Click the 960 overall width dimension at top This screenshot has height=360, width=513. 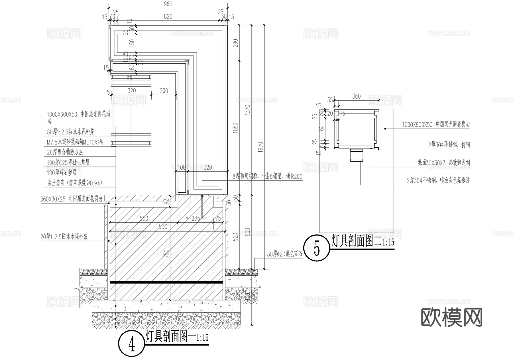point(168,4)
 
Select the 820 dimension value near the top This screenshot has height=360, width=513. point(168,17)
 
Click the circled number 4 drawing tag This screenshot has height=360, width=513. point(131,345)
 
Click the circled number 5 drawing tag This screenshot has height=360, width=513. point(317,248)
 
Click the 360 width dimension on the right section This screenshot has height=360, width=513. point(357,96)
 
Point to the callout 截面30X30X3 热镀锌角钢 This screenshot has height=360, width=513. point(443,163)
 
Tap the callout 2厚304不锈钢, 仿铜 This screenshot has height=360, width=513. point(449,145)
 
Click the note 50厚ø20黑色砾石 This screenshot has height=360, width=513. point(284,254)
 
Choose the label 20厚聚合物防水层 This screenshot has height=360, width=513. point(65,152)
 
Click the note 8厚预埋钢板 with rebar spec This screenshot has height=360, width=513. point(267,177)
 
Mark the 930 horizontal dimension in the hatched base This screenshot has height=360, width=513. point(163,227)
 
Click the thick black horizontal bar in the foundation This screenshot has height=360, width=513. point(166,282)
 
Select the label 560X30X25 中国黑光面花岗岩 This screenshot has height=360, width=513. point(71,199)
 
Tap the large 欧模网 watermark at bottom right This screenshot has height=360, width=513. point(452,317)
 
